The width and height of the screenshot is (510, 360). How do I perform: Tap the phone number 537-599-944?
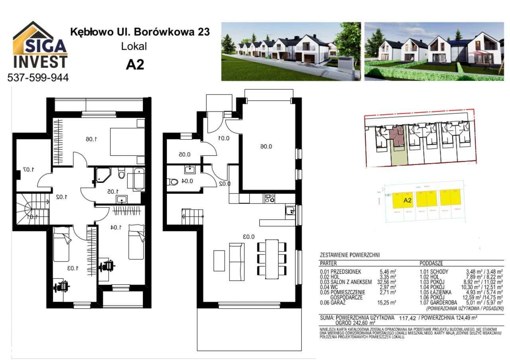tap(38, 78)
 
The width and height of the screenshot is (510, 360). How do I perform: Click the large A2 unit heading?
tap(135, 65)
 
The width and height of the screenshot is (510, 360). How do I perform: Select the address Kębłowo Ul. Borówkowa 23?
tap(140, 32)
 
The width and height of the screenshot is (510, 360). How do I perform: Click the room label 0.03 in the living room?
tap(249, 237)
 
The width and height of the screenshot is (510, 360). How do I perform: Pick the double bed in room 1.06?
tap(127, 141)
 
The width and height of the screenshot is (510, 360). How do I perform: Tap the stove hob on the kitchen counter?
tap(270, 198)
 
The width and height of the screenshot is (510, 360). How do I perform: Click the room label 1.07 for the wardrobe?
tap(28, 170)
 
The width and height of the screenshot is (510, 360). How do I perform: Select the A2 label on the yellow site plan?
tap(407, 201)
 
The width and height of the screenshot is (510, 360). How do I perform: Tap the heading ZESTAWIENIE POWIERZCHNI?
tap(350, 255)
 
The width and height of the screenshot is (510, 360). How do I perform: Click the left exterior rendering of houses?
tap(291, 51)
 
